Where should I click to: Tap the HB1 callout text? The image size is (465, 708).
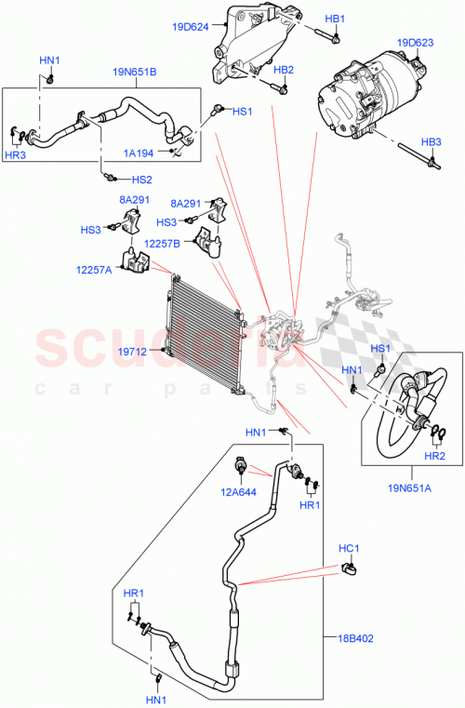click(335, 19)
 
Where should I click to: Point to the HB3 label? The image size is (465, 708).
click(431, 141)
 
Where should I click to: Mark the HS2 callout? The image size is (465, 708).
click(139, 180)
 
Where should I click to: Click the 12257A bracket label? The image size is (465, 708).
click(94, 270)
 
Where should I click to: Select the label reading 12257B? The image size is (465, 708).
click(163, 244)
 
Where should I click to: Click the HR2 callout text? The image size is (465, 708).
click(434, 457)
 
